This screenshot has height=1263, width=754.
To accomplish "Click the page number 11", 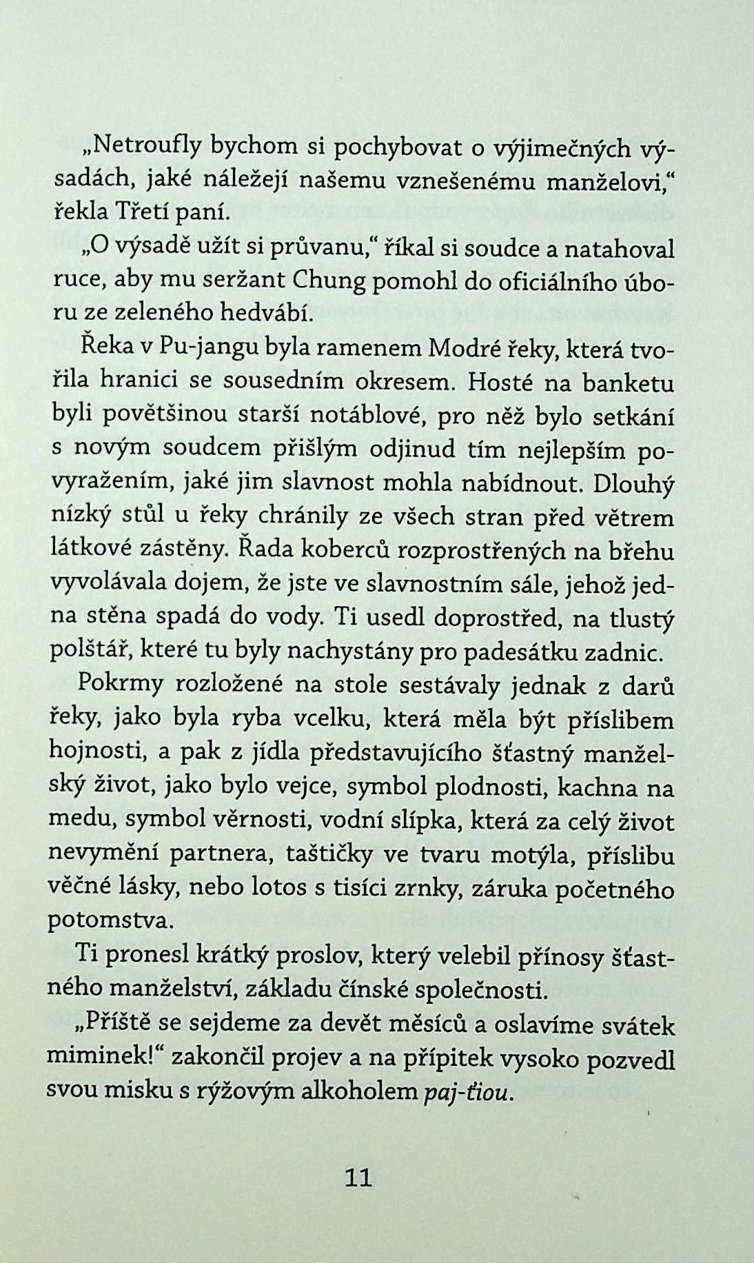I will (358, 1178).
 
